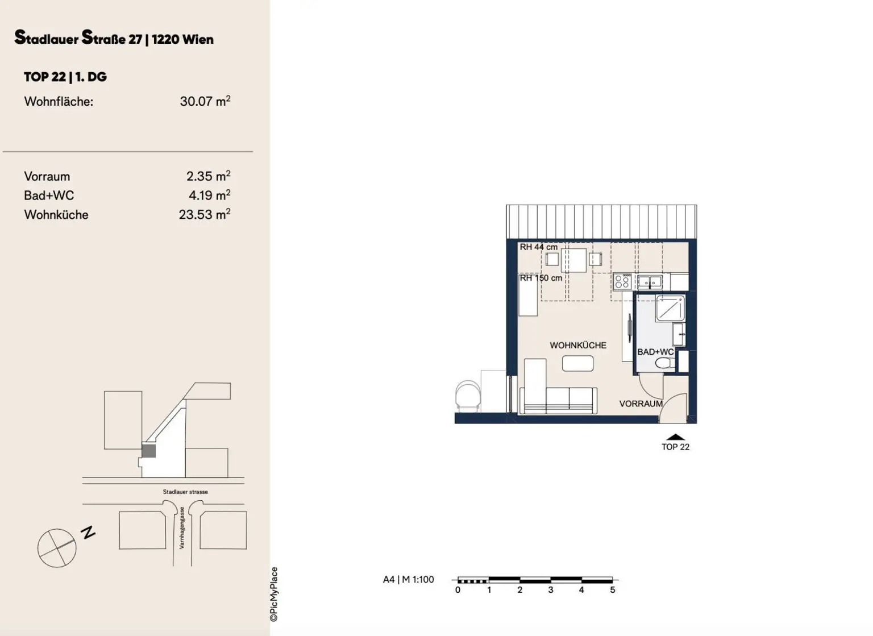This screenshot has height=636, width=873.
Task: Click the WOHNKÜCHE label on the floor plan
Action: click(577, 345)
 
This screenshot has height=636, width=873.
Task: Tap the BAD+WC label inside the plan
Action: click(655, 352)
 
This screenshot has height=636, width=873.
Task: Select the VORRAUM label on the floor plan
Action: click(641, 404)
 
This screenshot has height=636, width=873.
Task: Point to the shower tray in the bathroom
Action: click(670, 309)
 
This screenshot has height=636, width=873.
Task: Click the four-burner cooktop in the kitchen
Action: click(622, 281)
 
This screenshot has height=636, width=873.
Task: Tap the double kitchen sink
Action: click(649, 281)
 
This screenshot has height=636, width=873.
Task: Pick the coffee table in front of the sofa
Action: click(577, 363)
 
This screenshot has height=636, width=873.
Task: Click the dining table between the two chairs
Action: click(573, 260)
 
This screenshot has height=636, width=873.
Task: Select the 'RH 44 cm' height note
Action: click(538, 247)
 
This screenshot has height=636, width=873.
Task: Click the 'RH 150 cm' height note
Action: click(541, 278)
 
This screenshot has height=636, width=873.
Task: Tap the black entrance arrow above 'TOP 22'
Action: click(675, 437)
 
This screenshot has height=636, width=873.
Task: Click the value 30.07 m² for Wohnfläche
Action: click(205, 101)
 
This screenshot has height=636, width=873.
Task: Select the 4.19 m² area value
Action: click(209, 196)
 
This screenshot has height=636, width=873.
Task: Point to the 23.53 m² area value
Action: click(204, 214)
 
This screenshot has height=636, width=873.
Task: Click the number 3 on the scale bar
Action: click(551, 590)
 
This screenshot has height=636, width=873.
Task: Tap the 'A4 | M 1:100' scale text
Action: click(408, 580)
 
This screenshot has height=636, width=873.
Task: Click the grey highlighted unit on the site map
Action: click(148, 451)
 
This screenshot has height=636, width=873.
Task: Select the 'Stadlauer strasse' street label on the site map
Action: click(185, 492)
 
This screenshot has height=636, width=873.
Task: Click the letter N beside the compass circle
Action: click(88, 533)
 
